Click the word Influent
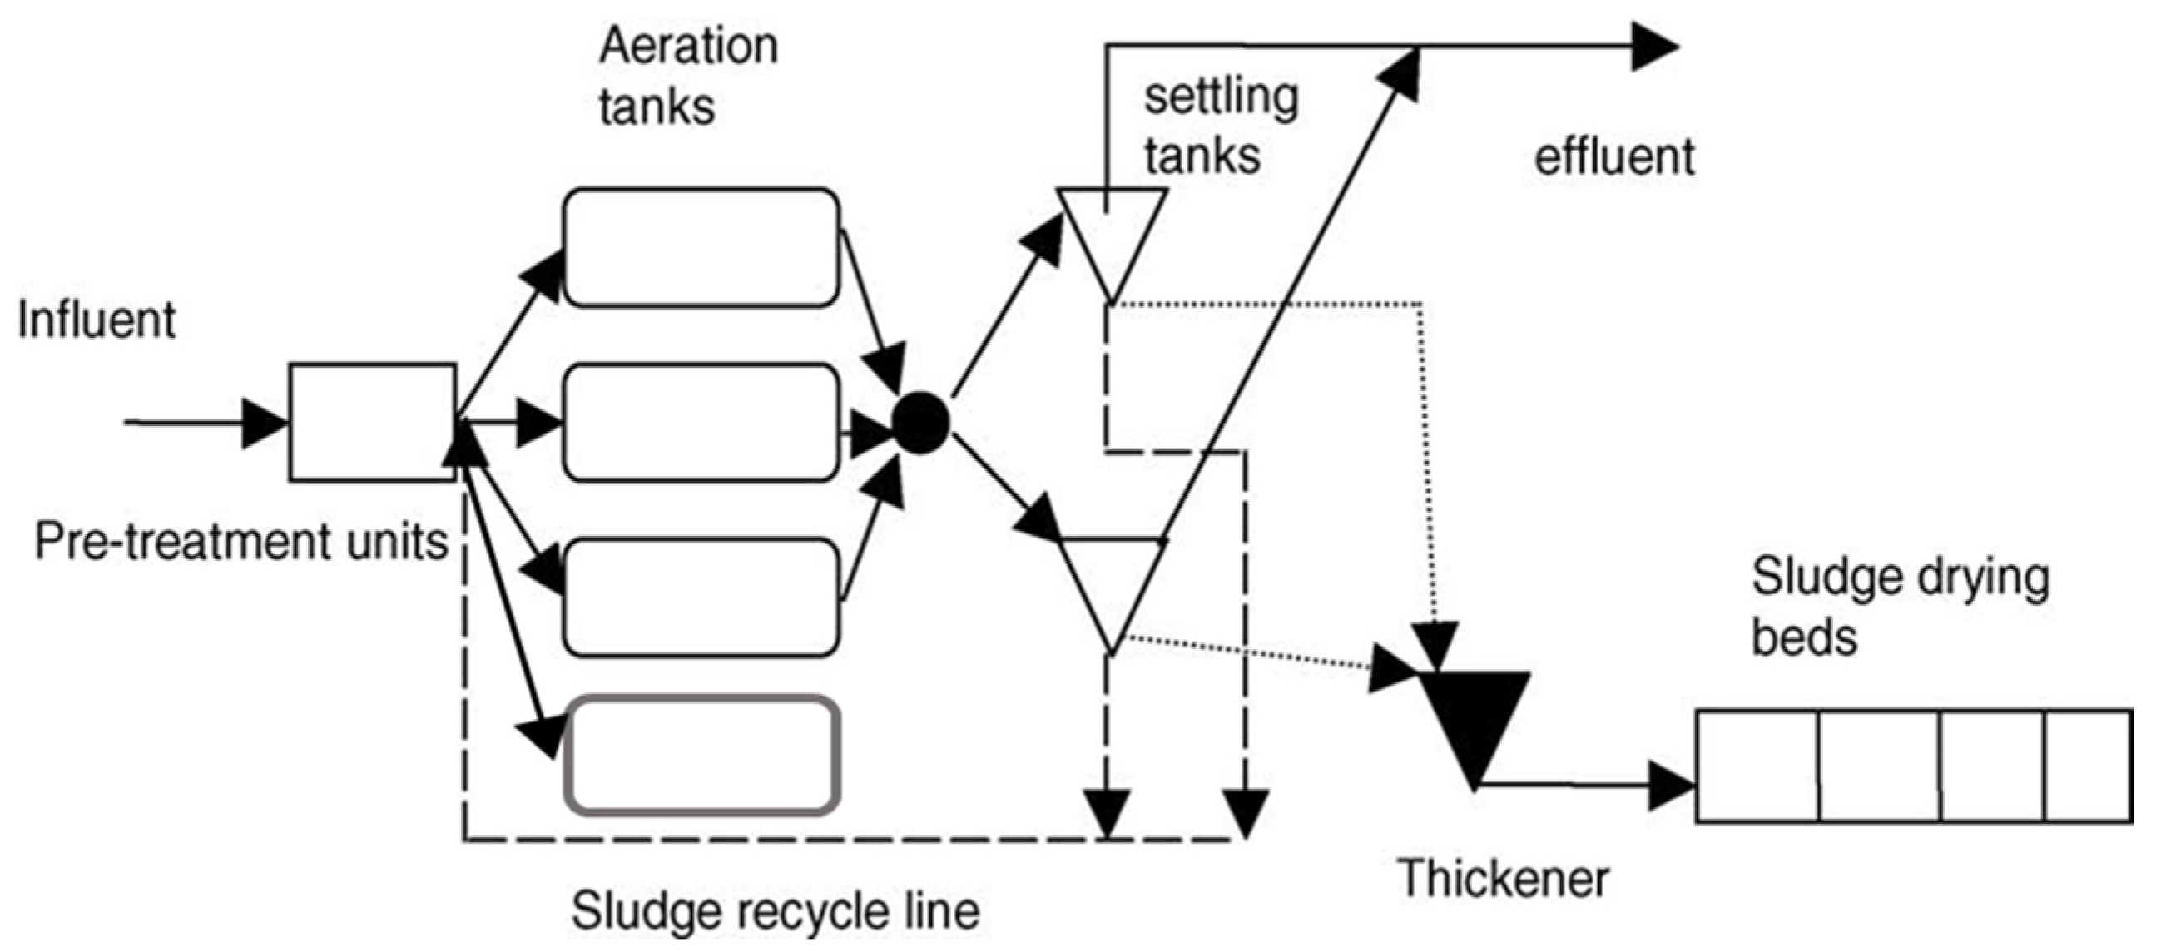tap(97, 320)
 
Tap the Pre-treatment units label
tap(241, 542)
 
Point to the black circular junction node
tap(920, 423)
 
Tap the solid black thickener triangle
tap(1473, 730)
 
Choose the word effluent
tap(1614, 156)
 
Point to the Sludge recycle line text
tap(776, 910)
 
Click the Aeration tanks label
tap(688, 76)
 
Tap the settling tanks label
tap(1222, 126)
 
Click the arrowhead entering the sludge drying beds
tap(1671, 786)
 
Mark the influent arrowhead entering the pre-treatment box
tap(266, 423)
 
